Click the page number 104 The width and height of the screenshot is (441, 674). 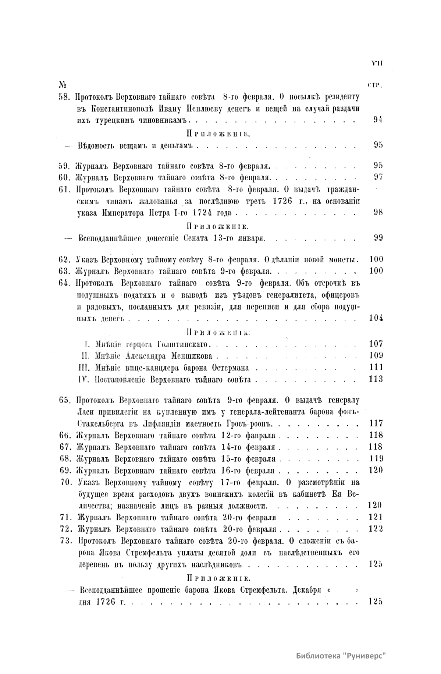point(376,318)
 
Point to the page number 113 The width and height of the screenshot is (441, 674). point(376,379)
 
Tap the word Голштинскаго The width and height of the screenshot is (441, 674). point(183,344)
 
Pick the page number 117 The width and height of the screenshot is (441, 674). point(376,423)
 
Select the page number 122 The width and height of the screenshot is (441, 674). point(376,529)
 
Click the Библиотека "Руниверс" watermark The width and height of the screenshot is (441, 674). point(342,656)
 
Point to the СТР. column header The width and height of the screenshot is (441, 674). point(375,85)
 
